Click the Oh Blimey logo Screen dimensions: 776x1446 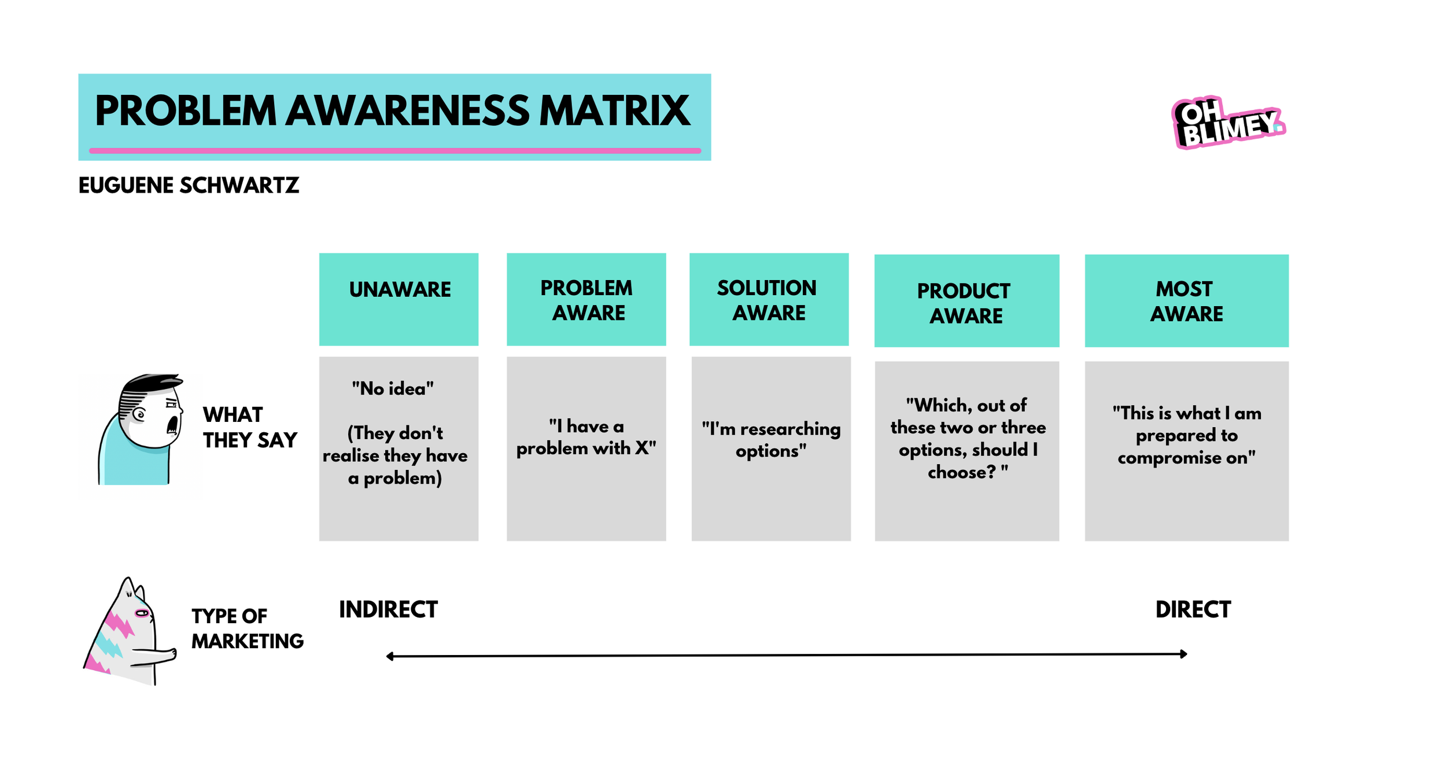coord(1227,123)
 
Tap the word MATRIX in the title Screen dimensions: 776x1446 coord(614,111)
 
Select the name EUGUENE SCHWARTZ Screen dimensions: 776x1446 coord(189,186)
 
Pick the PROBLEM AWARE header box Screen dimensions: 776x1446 coord(586,300)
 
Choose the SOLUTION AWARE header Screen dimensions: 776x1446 coord(768,300)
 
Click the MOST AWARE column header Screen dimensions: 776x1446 coord(1186,301)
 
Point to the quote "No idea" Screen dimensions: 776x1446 coord(393,388)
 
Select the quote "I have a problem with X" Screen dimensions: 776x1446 coord(586,437)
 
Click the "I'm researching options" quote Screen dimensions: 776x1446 coord(770,440)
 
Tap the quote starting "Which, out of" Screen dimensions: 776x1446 coord(967,439)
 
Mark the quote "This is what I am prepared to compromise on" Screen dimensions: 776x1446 coord(1186,435)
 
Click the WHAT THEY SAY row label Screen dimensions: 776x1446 coord(249,428)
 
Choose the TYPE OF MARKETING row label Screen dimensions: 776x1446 coord(247,628)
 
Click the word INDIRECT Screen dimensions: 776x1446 coord(388,610)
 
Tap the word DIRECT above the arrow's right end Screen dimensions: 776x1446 coord(1193,610)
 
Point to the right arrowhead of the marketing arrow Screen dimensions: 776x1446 coord(1184,654)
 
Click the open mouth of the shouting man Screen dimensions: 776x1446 coord(172,425)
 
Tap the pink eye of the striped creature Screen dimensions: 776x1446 coord(142,613)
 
